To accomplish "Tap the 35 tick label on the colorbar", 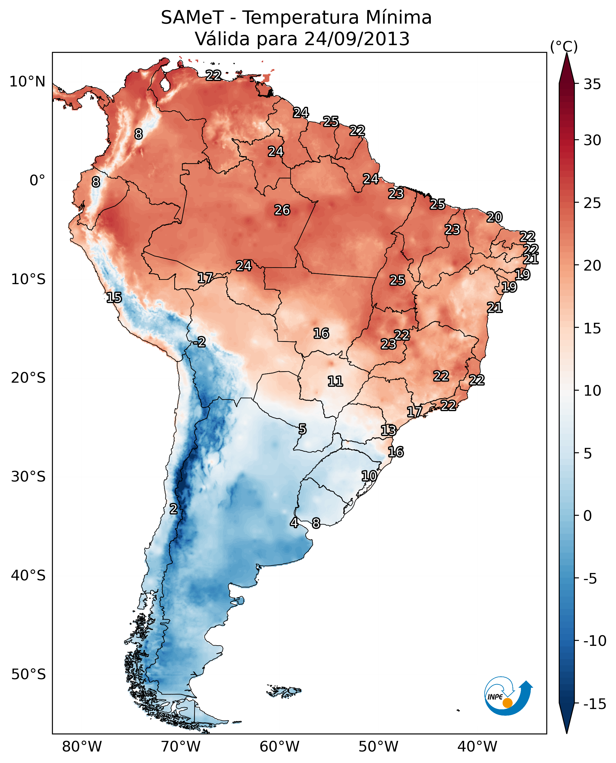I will (592, 84).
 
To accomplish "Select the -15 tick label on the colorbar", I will (595, 704).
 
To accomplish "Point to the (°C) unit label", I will (564, 46).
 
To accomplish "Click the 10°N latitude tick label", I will (27, 82).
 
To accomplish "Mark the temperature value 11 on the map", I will (335, 381).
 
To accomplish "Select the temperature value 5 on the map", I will (302, 429).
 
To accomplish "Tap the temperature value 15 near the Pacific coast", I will (114, 297).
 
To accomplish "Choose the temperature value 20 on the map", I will (494, 217).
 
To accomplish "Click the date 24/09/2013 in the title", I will (357, 39).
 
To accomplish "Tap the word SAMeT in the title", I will (192, 17).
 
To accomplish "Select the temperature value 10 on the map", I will (369, 476).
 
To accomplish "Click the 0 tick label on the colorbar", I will (588, 516).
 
